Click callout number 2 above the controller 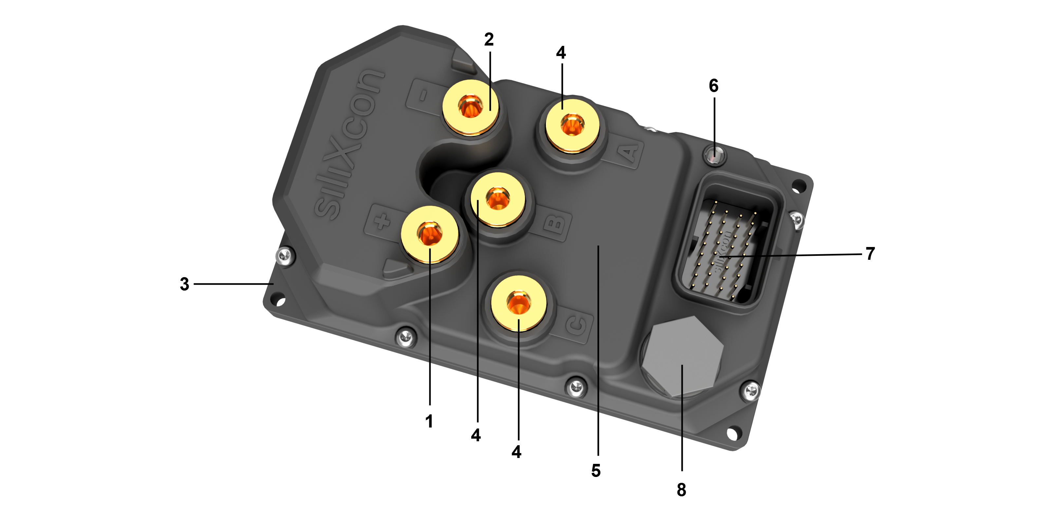(x=489, y=40)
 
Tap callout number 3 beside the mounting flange (x=184, y=284)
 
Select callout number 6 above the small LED (x=713, y=86)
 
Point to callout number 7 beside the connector (x=870, y=254)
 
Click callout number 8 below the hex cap (x=681, y=489)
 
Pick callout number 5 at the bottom (x=596, y=471)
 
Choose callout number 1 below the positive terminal (x=429, y=421)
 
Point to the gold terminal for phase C (x=519, y=303)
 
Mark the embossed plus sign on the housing (x=382, y=221)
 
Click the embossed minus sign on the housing (x=423, y=96)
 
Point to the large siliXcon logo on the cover (x=350, y=144)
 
